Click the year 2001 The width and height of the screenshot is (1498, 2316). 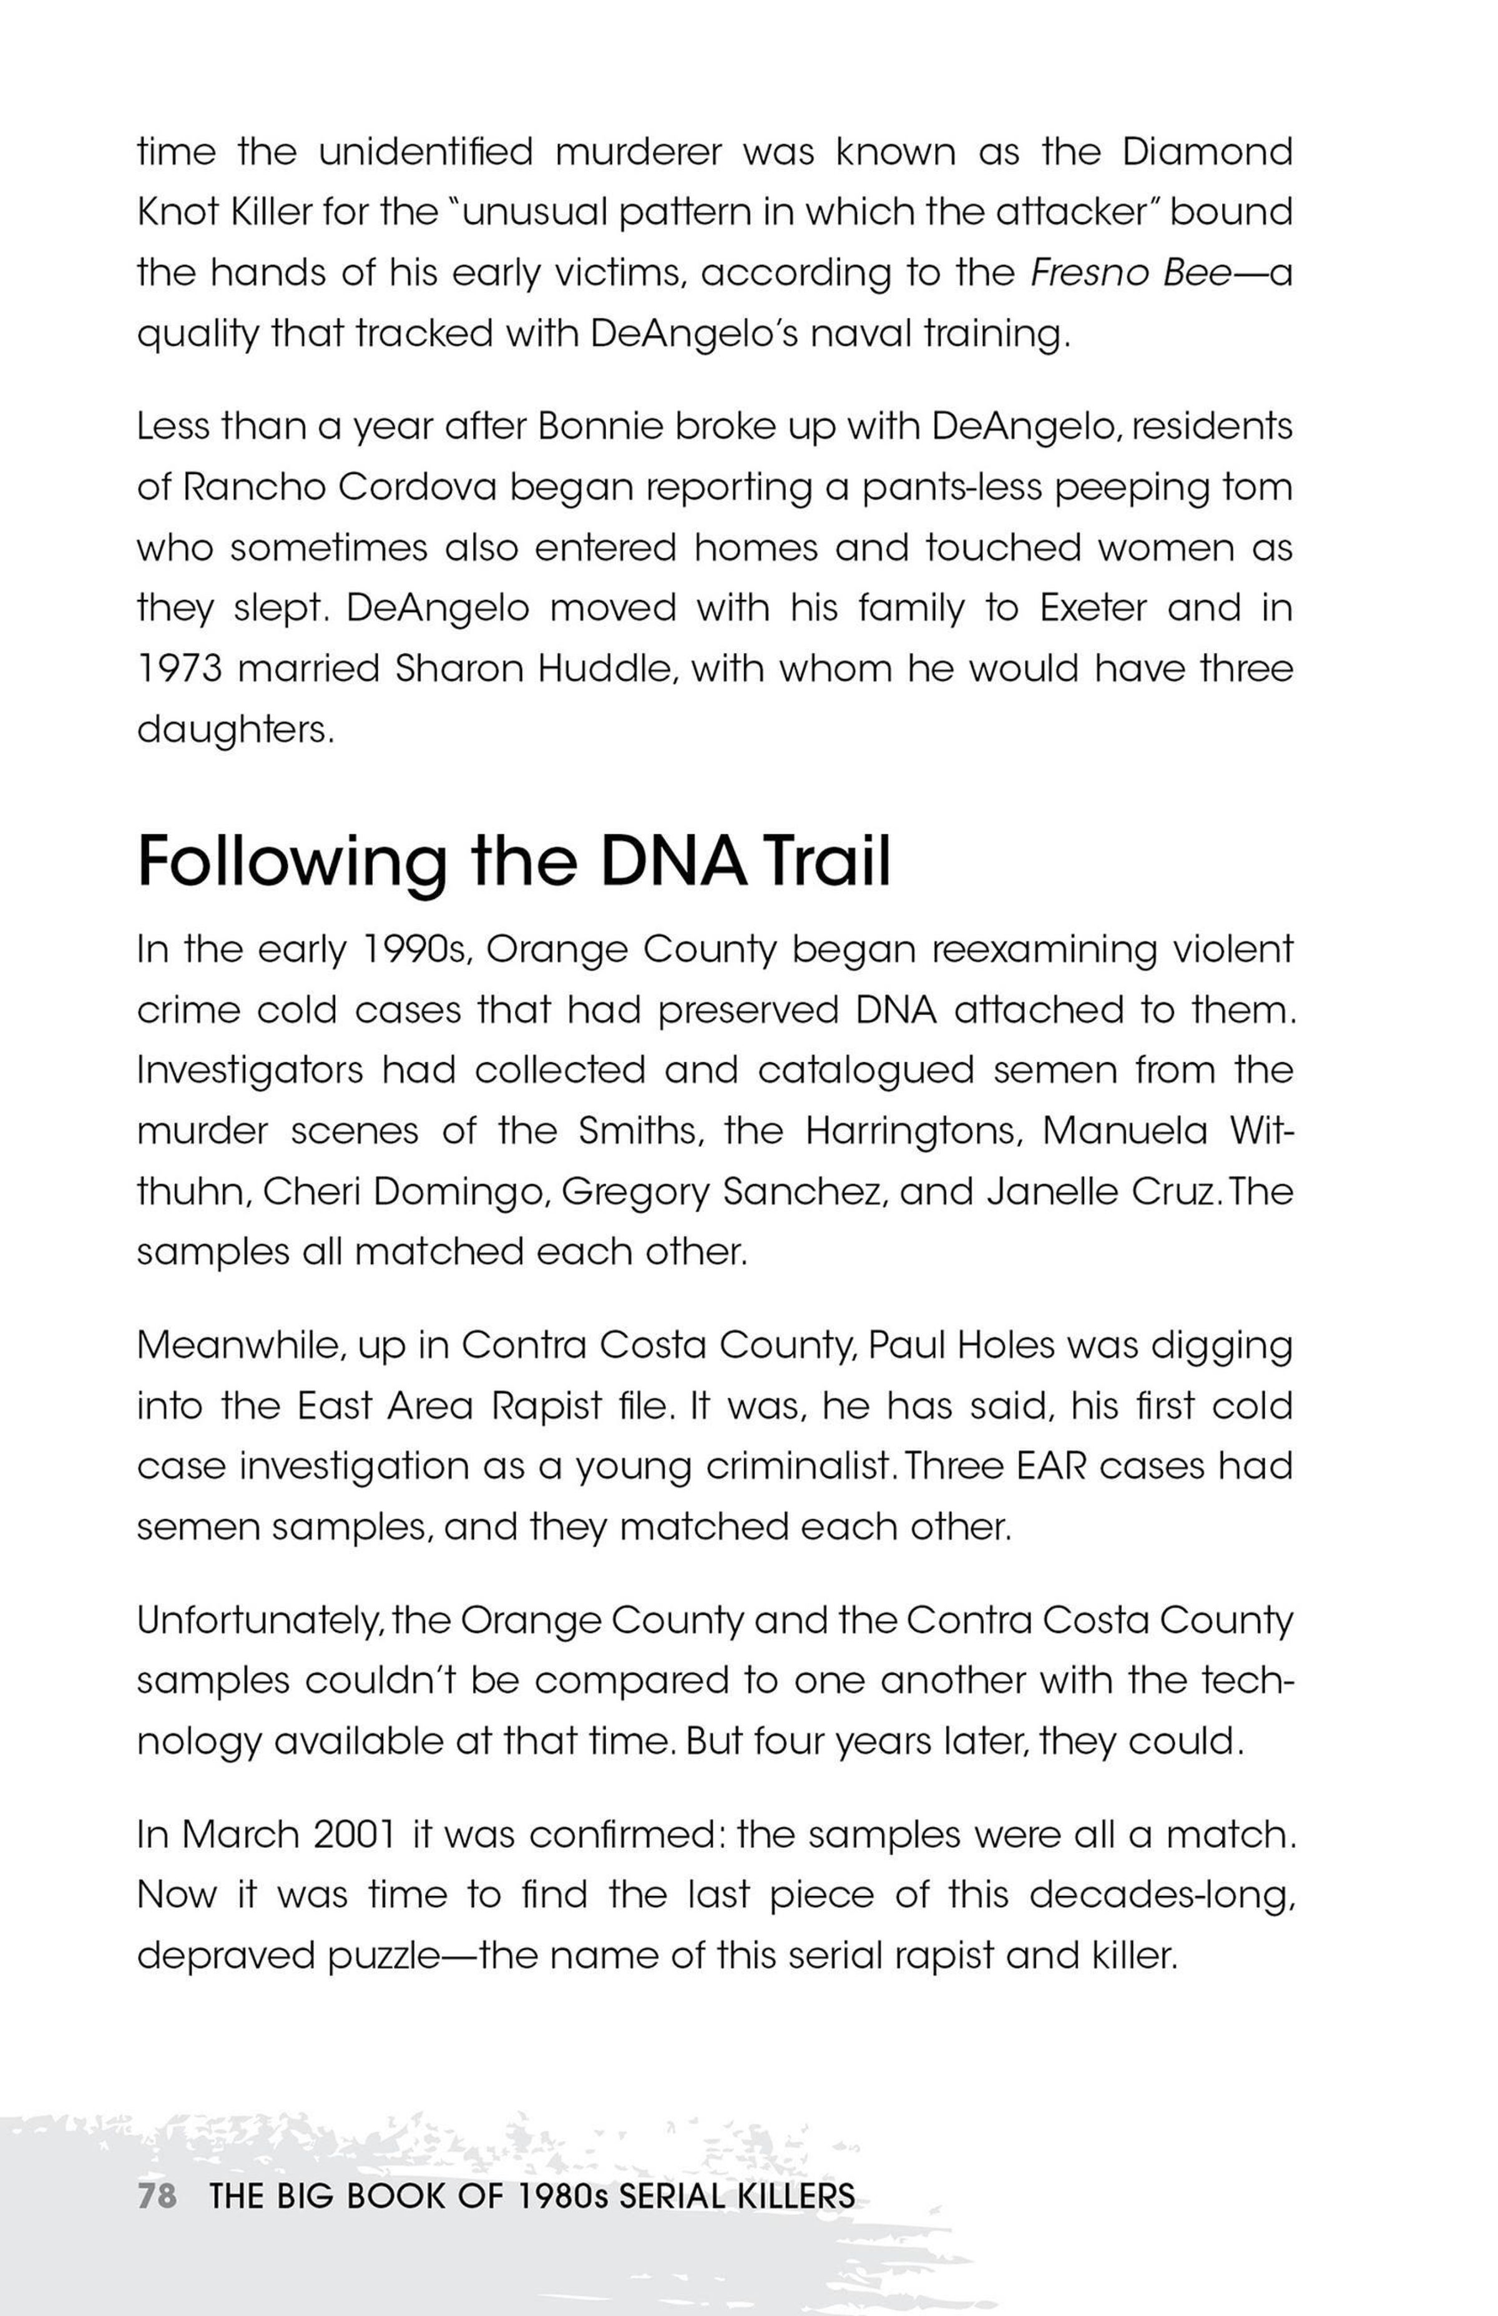pyautogui.click(x=355, y=1835)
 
